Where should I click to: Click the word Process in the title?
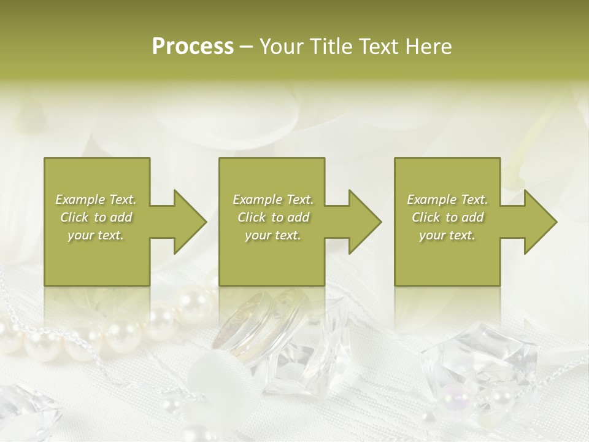[x=193, y=46]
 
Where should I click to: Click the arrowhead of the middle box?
[x=364, y=222]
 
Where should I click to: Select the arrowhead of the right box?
[x=540, y=222]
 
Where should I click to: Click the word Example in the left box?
[x=80, y=200]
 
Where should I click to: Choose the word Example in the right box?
[x=432, y=200]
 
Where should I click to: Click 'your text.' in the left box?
[x=96, y=235]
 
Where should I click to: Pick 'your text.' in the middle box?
[x=273, y=235]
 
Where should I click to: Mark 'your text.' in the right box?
[x=447, y=235]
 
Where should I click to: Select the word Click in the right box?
[x=426, y=217]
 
